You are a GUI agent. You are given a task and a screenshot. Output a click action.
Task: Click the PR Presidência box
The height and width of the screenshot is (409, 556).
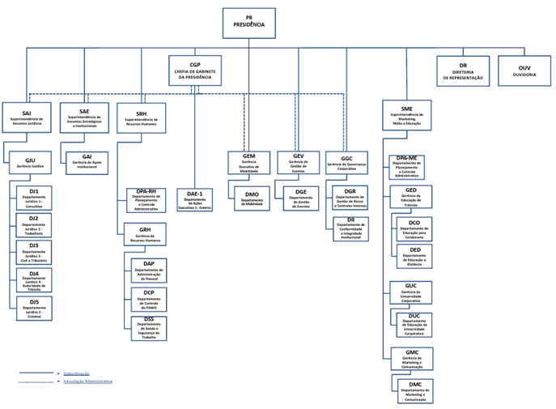point(248,23)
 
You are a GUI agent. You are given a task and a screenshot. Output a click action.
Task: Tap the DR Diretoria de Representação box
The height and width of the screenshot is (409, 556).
point(463,71)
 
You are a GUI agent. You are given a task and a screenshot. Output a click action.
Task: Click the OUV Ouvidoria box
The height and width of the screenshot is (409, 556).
point(524,70)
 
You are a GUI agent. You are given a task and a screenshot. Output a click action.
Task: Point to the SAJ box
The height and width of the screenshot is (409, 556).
point(27,117)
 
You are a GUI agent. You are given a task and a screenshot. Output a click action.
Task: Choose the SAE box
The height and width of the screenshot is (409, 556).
point(84,117)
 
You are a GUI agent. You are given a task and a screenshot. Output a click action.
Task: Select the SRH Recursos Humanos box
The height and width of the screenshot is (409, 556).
point(142,117)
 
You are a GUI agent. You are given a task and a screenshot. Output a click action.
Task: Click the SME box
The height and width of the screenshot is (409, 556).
point(406,115)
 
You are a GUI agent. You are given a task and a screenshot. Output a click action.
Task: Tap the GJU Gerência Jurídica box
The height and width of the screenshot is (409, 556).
point(30,163)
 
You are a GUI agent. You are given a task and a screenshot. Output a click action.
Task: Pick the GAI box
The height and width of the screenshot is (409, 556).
point(86,163)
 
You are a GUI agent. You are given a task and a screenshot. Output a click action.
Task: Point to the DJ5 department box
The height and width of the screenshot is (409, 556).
point(34,308)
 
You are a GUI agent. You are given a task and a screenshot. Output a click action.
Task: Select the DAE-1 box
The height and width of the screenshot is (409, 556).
point(194,199)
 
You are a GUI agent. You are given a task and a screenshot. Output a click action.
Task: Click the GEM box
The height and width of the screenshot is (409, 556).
point(249,163)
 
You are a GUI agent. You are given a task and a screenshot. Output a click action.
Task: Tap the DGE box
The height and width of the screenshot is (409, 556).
point(300,199)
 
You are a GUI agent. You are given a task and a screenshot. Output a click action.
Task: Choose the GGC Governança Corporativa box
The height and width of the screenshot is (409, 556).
point(347,163)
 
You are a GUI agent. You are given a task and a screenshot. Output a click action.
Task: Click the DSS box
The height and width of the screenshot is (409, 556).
point(148,327)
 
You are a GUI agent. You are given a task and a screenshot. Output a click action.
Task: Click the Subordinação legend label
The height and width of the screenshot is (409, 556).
point(76,373)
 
